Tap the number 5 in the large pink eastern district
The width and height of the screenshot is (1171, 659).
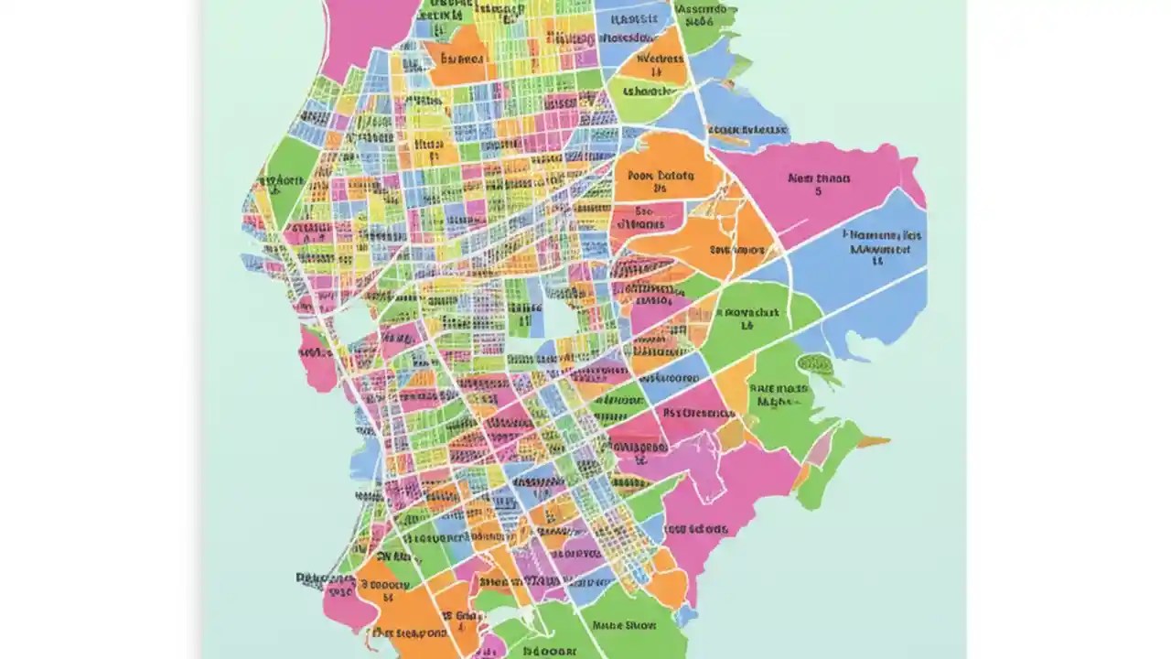818,192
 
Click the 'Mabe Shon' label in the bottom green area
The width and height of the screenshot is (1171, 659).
625,626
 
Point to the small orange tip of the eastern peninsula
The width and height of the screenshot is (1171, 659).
875,442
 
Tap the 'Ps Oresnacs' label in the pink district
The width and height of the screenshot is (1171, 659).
698,413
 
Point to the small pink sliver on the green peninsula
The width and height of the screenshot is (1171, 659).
822,449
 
